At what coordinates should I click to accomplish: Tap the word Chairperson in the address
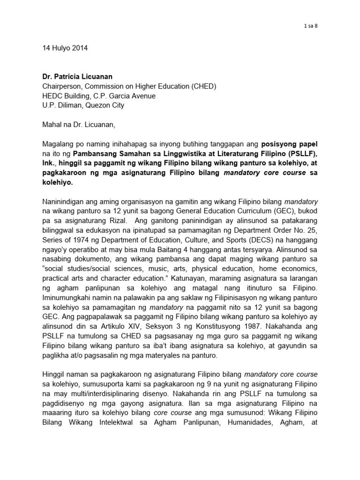click(58, 86)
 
